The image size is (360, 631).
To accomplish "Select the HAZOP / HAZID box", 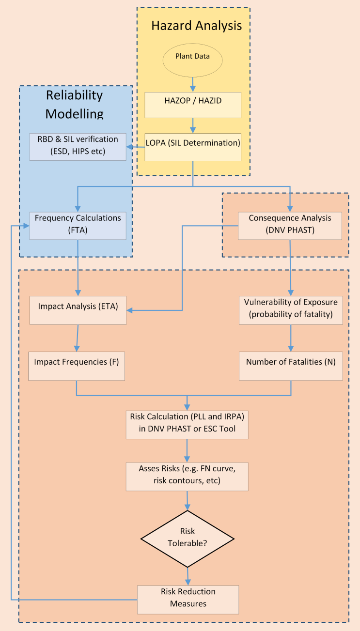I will point(193,105).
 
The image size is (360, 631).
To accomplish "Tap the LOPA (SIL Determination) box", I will point(193,147).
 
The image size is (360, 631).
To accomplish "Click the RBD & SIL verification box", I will point(78,147).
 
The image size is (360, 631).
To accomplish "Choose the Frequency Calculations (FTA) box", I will point(78,226).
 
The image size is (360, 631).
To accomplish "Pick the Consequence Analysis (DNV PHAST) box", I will point(290,226).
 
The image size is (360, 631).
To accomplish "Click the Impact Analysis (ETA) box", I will point(78,310).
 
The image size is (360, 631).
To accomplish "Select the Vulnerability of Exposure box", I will point(291,310).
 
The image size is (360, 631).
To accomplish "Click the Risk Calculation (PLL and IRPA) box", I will point(187,425).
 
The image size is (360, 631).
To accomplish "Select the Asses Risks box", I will point(187,477).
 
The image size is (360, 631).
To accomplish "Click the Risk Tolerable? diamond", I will point(187,539).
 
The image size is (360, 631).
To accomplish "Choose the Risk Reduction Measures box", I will point(188,599).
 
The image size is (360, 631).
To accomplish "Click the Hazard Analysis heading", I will point(196,26).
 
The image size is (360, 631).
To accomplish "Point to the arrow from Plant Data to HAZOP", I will point(193,83).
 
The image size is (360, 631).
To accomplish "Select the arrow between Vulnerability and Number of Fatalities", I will point(291,338).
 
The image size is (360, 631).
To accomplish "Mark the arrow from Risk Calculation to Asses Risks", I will point(187,451).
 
